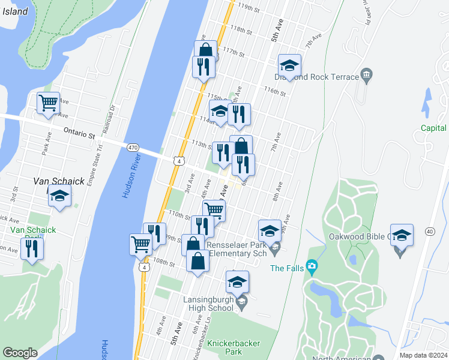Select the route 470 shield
(133, 147)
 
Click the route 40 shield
(429, 232)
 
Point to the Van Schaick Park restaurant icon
(32, 248)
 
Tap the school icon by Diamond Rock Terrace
(289, 66)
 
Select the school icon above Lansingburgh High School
(238, 282)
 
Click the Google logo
(20, 353)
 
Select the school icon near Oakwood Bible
(402, 236)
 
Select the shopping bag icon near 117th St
(205, 51)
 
